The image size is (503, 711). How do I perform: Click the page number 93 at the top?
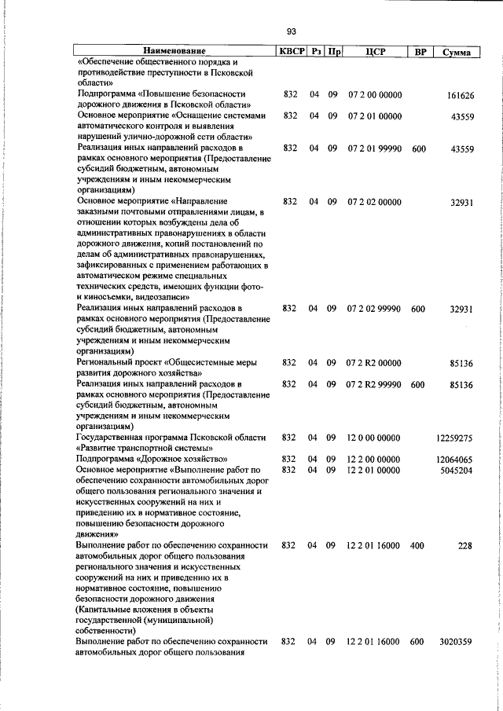(291, 31)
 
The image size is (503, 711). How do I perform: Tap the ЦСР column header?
(374, 52)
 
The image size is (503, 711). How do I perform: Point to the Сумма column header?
(457, 53)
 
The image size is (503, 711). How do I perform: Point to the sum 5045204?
(455, 470)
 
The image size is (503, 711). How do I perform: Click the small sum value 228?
(465, 545)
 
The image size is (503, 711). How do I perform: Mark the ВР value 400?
(417, 545)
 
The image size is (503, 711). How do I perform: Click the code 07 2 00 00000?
(374, 95)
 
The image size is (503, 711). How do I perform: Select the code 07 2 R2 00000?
(374, 363)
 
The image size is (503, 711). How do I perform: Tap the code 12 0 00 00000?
(374, 438)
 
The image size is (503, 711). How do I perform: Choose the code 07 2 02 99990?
(374, 310)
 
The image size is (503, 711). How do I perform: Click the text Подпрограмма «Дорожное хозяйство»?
(152, 459)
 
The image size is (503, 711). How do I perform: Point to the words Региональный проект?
(109, 363)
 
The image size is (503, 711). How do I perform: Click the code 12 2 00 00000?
(374, 459)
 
